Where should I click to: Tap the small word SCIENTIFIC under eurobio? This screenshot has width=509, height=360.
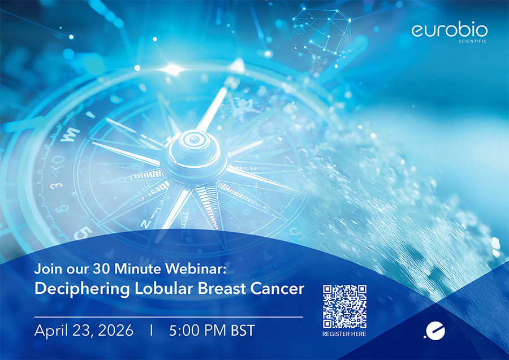473,41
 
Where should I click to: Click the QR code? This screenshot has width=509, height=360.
344,306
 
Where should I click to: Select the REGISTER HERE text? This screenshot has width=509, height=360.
344,334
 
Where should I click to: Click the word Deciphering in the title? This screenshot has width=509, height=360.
82,289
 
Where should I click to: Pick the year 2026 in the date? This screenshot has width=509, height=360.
115,330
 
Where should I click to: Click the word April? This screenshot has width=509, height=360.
51,331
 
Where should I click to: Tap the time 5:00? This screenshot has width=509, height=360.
184,330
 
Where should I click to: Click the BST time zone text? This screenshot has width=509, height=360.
243,330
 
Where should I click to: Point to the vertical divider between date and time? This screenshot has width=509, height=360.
151,330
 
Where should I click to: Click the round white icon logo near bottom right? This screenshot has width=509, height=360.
435,331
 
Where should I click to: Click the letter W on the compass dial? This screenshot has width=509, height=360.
70,134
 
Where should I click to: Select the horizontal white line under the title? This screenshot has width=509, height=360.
169,317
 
